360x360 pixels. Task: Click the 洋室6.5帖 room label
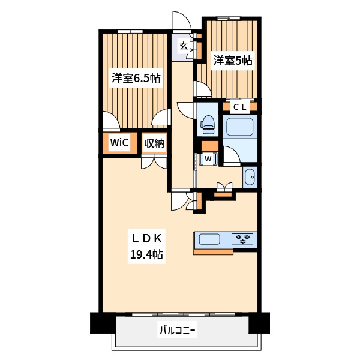click(x=136, y=78)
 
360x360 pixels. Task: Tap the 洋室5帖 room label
click(x=233, y=61)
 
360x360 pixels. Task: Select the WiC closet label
click(x=119, y=143)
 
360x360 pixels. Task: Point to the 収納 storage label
click(x=154, y=143)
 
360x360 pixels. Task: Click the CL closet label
click(x=239, y=107)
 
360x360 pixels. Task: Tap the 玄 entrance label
click(x=184, y=46)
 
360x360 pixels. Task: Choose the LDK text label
click(x=147, y=239)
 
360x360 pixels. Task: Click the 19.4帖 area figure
click(x=147, y=254)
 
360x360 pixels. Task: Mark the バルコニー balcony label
click(x=177, y=331)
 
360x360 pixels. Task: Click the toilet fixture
click(x=208, y=124)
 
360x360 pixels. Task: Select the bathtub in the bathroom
click(x=239, y=127)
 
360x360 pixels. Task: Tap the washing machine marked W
click(x=208, y=158)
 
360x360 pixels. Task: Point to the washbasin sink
click(x=250, y=177)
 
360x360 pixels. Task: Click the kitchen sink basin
click(x=209, y=239)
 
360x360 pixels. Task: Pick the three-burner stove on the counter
click(x=242, y=239)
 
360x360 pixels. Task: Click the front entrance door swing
click(x=182, y=21)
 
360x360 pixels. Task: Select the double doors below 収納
click(x=154, y=162)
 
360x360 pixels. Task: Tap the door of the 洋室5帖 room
click(x=203, y=89)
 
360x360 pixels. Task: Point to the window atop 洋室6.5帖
click(x=130, y=31)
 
